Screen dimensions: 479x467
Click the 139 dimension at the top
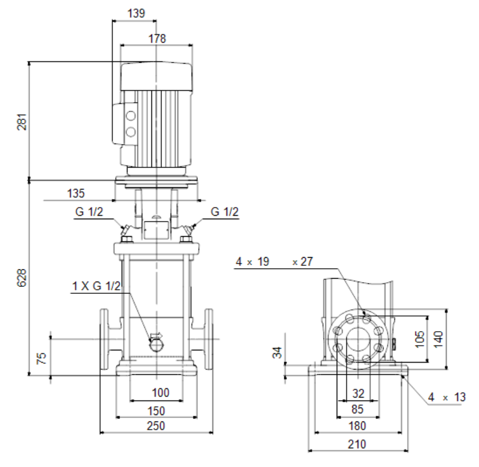point(136,13)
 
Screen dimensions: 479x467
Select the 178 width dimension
point(157,38)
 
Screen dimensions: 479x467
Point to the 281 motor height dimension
point(22,122)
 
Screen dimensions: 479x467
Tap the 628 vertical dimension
point(22,278)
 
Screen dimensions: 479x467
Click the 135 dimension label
point(76,193)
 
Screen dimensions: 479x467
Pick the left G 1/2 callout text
point(89,212)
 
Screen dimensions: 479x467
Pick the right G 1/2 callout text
point(224,212)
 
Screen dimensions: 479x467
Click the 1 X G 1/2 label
point(96,286)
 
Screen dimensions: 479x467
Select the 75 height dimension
point(41,358)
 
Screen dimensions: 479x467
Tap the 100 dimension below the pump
point(160,392)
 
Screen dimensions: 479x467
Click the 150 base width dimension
point(156,411)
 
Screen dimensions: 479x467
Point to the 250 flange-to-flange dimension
point(156,426)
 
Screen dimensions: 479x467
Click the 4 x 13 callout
point(446,397)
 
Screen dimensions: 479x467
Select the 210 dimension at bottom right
point(357,444)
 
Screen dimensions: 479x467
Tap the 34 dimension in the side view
point(277,352)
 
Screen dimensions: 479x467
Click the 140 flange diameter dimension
point(438,339)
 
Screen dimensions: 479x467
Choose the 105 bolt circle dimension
point(420,339)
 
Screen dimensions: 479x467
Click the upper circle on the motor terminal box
point(131,116)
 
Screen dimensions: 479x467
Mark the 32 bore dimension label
point(358,394)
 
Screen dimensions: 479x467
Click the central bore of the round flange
point(358,339)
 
